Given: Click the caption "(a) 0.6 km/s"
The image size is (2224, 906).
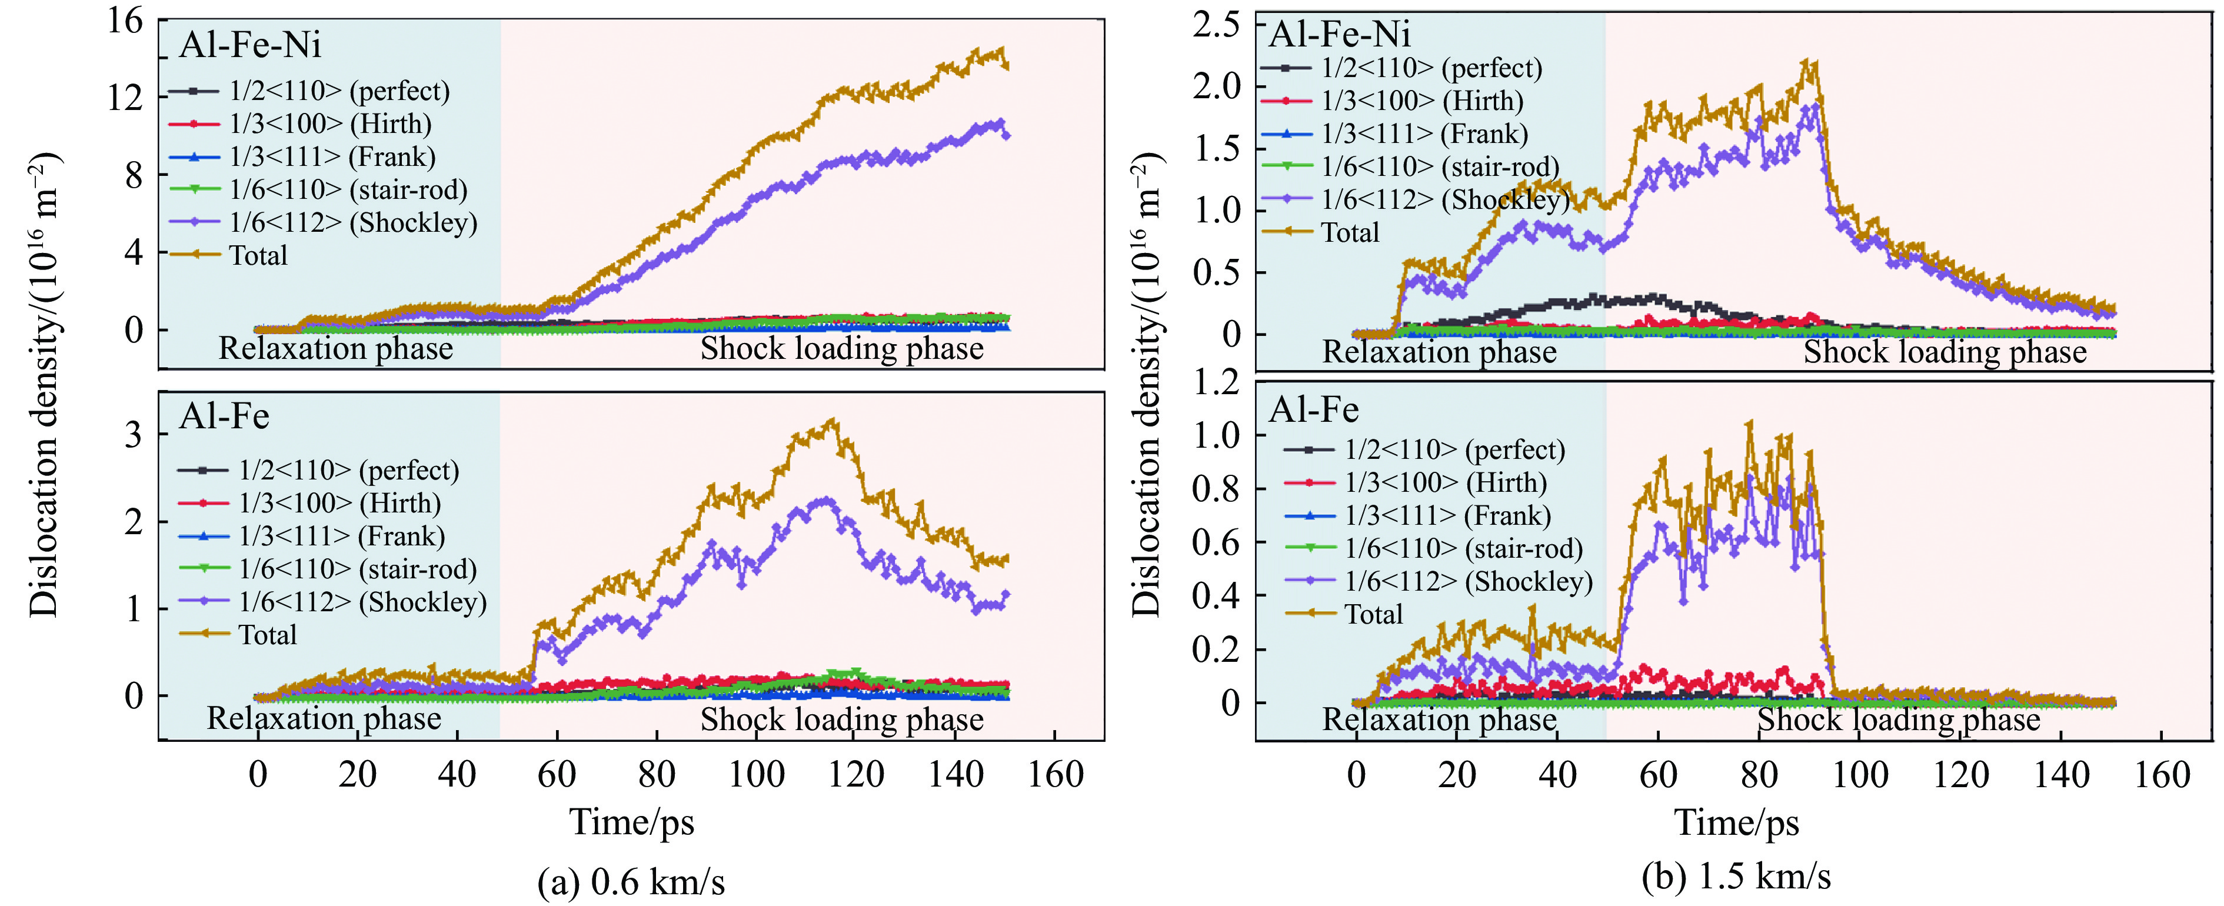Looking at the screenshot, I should [x=631, y=882].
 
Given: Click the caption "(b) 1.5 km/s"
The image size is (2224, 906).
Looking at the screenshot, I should [x=1736, y=877].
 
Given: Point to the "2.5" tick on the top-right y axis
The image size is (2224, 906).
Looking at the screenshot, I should [x=1216, y=24].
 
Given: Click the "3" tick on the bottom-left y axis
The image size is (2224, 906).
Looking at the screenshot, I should [x=133, y=434].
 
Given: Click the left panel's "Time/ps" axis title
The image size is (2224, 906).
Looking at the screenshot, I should [x=631, y=821].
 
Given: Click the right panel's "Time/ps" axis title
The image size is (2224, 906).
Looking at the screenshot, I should [x=1736, y=821].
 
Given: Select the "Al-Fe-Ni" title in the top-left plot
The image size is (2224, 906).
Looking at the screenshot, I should [x=251, y=45].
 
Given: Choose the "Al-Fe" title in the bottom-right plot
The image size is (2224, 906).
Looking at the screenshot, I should [x=1313, y=409].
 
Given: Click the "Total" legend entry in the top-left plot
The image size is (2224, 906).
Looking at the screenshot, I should [x=257, y=256].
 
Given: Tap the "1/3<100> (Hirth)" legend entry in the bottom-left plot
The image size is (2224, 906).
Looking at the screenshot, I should [x=339, y=502].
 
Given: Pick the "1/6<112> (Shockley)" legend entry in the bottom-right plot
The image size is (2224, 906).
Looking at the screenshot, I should [x=1469, y=581].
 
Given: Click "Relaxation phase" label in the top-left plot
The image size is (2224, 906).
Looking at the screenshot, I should [x=336, y=348].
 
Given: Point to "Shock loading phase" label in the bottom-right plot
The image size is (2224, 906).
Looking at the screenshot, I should [x=1899, y=720].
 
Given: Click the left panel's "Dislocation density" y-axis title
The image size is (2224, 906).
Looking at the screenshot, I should [x=43, y=384].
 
